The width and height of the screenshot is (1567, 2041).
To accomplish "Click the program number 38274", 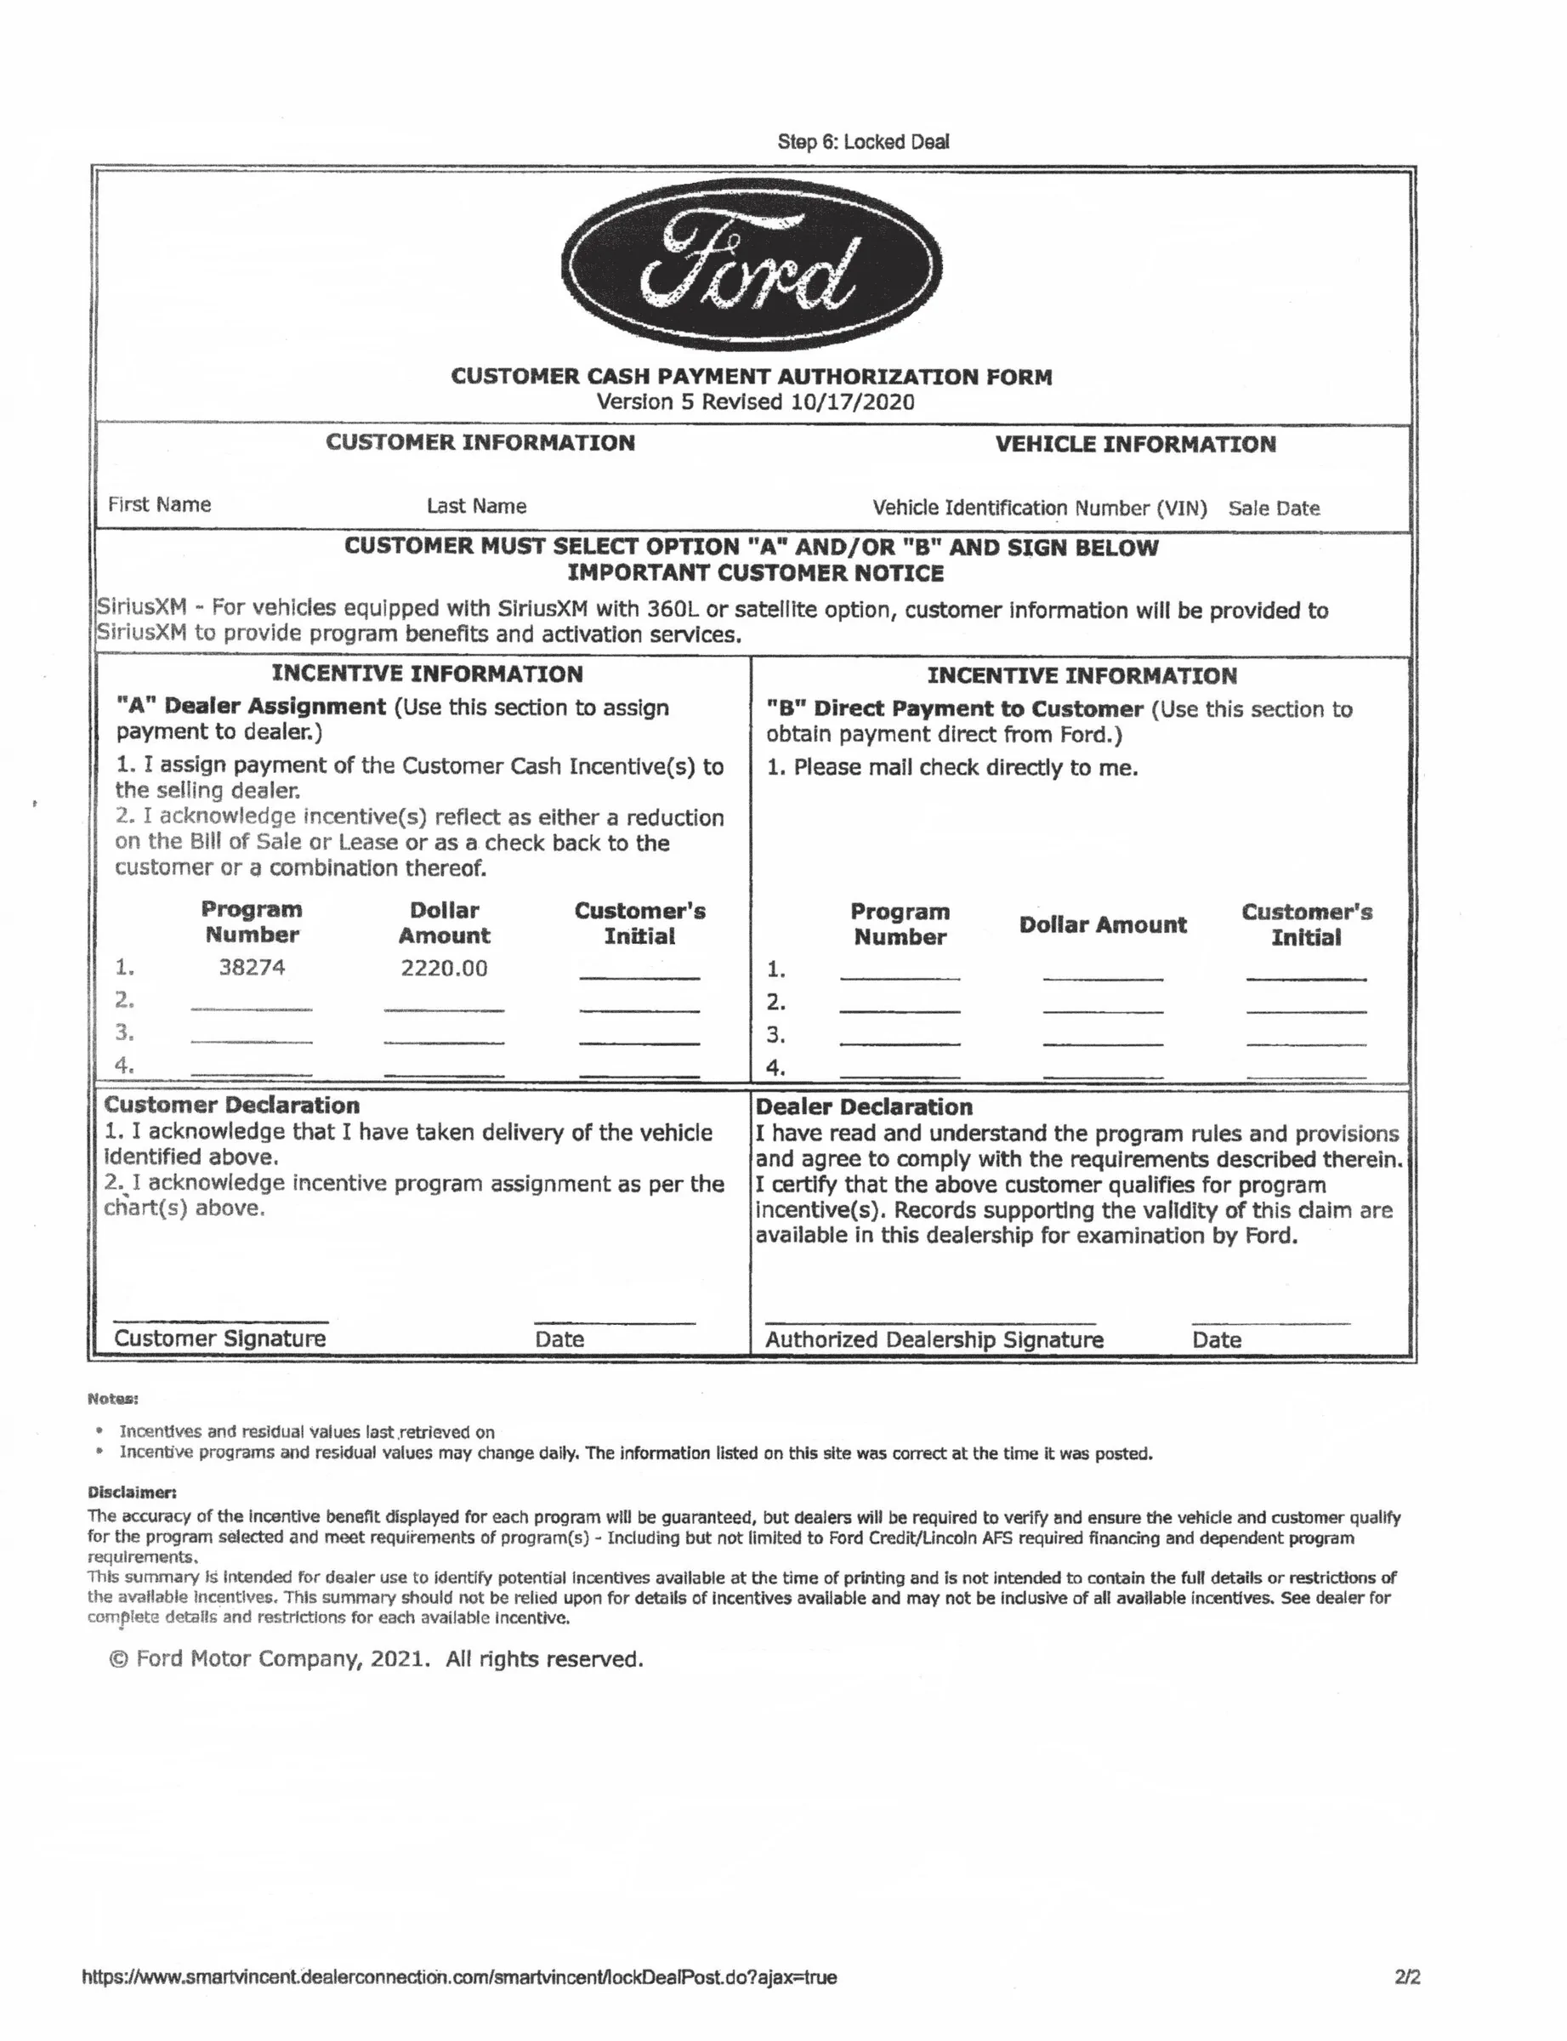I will coord(252,967).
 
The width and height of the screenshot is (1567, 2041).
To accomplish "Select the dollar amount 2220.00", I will coord(444,969).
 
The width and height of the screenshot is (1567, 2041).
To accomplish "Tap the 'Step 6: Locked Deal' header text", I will coord(863,142).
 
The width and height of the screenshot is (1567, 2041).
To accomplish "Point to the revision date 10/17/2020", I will coord(852,402).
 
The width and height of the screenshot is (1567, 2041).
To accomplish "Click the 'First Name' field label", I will coord(160,504).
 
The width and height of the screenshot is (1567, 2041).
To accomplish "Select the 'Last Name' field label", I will coord(477,507).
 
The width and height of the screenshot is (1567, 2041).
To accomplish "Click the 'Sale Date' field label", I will coord(1273,509).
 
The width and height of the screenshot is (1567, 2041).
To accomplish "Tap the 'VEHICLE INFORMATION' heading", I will coord(1135,444).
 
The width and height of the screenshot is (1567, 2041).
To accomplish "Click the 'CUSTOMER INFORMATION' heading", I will coord(480,442).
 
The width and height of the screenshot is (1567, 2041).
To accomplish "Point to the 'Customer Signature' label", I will coord(220,1339).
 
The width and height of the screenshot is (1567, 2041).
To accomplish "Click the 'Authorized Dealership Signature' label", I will coord(934,1339).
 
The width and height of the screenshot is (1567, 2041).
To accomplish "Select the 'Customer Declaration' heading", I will coord(232,1106).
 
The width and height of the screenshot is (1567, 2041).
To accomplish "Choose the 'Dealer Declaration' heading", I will coord(864,1107).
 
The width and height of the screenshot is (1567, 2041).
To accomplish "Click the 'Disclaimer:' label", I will coord(132,1492).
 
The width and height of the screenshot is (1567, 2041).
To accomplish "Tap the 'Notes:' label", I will coord(113,1399).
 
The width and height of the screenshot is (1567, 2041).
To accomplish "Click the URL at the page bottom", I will coord(459,1977).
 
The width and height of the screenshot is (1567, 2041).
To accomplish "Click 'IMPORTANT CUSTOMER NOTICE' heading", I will coord(756,572).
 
